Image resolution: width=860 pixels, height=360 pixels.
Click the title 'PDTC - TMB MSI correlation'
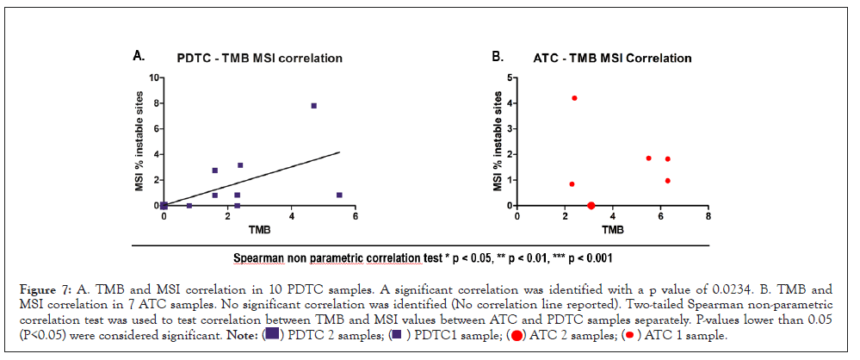[x=261, y=59]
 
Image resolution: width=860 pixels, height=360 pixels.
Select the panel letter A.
[x=138, y=56]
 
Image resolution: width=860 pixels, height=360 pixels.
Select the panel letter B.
[x=497, y=57]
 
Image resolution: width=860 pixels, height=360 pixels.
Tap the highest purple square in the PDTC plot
[x=314, y=106]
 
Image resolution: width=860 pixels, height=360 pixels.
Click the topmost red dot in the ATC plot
[x=574, y=98]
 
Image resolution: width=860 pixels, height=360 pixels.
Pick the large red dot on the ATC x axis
[x=591, y=206]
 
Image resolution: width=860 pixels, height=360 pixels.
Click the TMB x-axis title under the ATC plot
[x=612, y=231]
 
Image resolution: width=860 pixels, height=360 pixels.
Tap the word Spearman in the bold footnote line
[x=260, y=258]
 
